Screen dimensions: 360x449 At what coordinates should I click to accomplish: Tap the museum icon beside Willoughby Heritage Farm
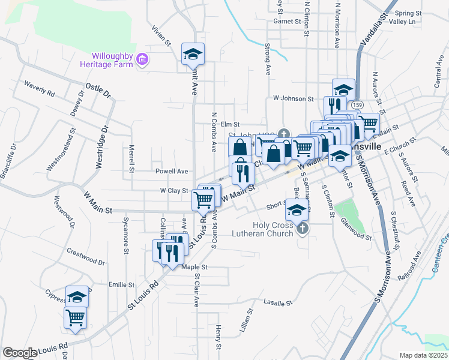tap(142, 59)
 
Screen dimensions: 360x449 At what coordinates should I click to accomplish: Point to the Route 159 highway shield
tap(358, 104)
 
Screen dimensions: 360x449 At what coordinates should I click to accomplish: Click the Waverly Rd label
tap(40, 89)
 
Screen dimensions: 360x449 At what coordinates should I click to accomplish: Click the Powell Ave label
tap(172, 171)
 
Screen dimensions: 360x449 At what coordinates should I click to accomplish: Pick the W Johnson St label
tap(294, 98)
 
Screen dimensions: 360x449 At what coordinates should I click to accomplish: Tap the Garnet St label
tap(287, 21)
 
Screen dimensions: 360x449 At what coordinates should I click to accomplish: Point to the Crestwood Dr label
tap(86, 257)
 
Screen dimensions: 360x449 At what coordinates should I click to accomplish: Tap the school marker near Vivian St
tap(193, 55)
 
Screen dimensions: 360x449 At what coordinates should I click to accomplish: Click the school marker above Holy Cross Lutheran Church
tap(296, 210)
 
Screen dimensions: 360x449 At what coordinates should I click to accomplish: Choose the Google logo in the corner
tap(20, 352)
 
